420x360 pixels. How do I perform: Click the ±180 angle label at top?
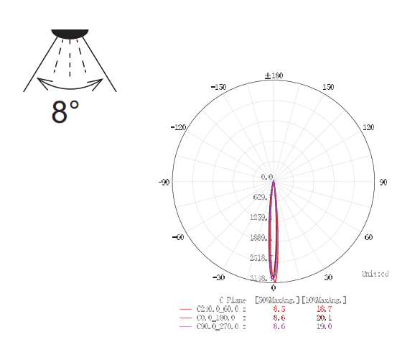[274, 75]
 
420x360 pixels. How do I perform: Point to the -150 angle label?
[219, 87]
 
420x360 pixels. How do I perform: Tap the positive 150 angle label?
[328, 87]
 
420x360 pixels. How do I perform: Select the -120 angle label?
[179, 127]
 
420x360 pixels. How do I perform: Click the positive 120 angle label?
[368, 127]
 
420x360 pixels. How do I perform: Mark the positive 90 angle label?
[383, 183]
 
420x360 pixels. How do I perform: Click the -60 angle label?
[179, 237]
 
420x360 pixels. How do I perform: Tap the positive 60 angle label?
[368, 237]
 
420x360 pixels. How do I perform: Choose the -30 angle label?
[219, 277]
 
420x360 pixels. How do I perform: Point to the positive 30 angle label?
[328, 277]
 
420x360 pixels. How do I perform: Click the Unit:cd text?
[375, 274]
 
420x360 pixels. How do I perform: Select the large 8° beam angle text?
[65, 113]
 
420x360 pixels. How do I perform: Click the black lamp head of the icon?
[70, 33]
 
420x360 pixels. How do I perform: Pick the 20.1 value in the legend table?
[324, 317]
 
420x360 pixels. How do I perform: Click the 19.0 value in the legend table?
[324, 326]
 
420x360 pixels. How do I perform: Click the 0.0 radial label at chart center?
[267, 177]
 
